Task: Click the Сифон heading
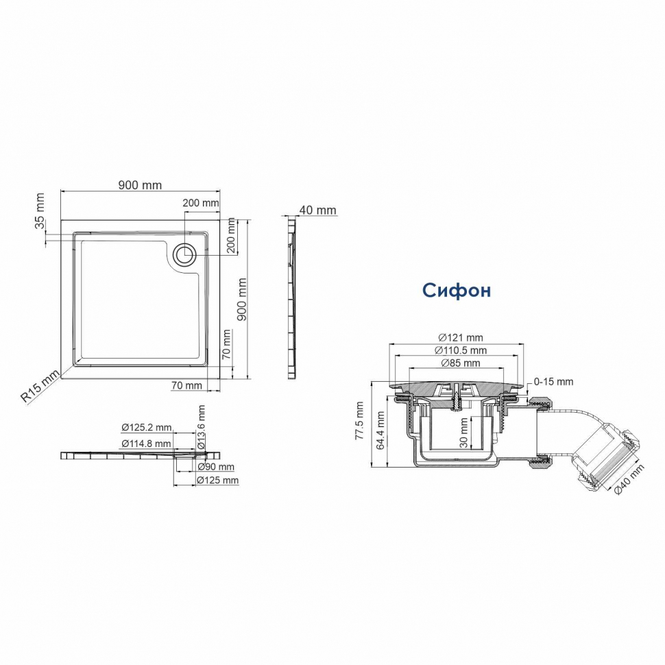[456, 291]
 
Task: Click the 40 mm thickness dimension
[317, 210]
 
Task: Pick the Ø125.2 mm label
[146, 428]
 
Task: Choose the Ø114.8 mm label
[146, 444]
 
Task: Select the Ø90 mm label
[215, 467]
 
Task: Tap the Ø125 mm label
[217, 481]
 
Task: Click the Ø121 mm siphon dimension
[460, 337]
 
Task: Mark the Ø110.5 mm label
[460, 350]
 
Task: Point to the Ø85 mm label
[460, 363]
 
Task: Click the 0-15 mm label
[553, 381]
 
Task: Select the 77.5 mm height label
[360, 424]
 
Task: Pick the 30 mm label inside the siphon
[464, 433]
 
